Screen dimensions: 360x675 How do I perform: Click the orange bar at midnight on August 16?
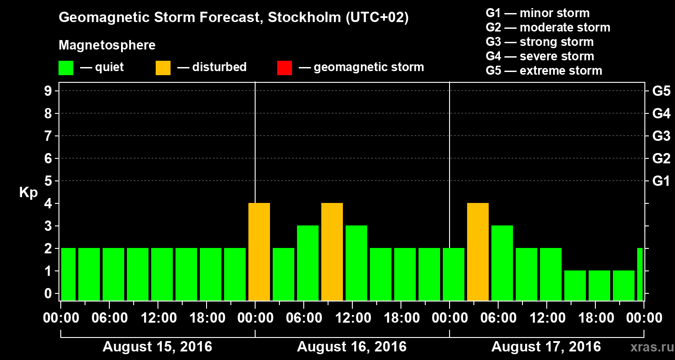[259, 252]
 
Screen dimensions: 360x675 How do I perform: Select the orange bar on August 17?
[478, 252]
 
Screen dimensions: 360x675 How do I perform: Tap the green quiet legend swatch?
[66, 68]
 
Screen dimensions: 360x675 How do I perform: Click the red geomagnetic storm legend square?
[284, 68]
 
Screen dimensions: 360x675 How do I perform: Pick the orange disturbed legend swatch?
[163, 68]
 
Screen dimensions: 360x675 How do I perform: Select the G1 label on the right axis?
[661, 181]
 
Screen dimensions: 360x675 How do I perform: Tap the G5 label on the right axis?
[661, 91]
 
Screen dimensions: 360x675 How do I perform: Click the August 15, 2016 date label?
[157, 347]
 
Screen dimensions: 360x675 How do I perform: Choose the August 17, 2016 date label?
[546, 347]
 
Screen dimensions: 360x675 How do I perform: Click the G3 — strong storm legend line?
[540, 42]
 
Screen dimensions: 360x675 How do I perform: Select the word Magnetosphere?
[107, 45]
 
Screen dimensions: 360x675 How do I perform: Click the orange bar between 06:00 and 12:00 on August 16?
[332, 252]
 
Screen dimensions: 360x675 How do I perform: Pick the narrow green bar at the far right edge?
[640, 274]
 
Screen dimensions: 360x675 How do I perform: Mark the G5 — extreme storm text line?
[544, 71]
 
